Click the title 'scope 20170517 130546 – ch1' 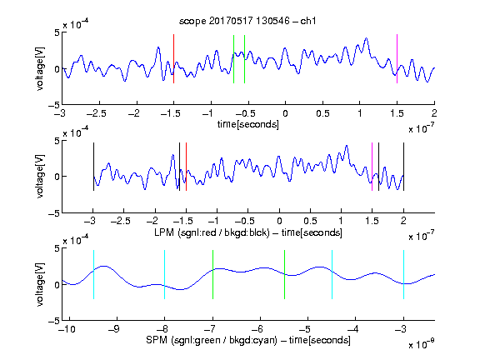247,21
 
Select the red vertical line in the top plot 173,58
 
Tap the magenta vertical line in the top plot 397,58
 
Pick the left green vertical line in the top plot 233,59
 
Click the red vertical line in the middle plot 186,167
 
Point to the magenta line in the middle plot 372,167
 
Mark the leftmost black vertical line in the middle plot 93,167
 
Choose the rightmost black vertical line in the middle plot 403,167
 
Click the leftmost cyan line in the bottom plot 93,275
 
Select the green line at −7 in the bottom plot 212,275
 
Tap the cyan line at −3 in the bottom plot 403,275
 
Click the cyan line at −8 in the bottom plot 164,275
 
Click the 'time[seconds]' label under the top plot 248,124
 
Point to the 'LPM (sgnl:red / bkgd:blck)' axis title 212,232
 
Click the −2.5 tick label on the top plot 97,113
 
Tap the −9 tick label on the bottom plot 114,329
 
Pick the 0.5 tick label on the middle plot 310,221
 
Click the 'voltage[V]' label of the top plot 40,68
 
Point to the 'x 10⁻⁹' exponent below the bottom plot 422,344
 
